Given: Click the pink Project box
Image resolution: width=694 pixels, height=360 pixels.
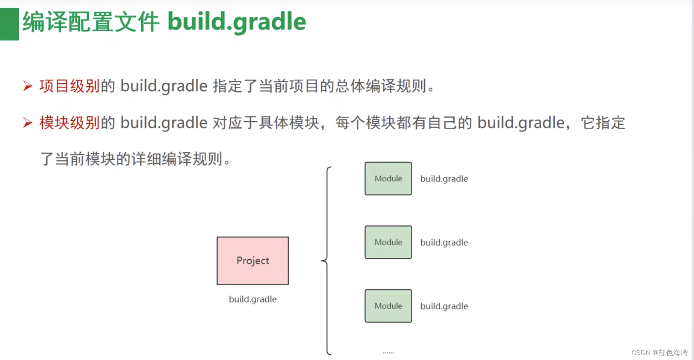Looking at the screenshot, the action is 253,261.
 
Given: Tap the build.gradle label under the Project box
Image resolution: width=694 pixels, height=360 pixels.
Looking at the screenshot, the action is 253,299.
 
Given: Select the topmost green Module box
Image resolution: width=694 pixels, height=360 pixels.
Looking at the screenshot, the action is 388,179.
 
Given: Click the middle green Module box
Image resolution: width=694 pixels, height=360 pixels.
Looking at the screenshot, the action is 388,242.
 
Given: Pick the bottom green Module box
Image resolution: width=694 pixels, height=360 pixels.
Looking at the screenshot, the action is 388,306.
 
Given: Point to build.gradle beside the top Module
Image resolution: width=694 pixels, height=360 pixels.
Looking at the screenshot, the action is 444,179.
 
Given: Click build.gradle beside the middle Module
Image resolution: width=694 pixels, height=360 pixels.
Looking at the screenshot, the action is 444,243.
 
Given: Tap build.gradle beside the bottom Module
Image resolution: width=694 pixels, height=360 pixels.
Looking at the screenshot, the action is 444,306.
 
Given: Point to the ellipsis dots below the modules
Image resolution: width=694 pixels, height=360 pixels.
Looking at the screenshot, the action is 388,353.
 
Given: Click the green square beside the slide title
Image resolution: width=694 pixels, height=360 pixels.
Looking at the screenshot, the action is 9,24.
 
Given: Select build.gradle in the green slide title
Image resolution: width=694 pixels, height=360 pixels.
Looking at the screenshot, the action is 237,22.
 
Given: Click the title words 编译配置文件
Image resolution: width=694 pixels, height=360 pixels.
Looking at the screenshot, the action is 91,22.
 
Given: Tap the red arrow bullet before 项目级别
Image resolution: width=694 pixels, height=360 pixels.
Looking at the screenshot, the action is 28,86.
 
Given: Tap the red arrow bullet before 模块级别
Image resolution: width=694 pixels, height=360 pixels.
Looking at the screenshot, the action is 28,122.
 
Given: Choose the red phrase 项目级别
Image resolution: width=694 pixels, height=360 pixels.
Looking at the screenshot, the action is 69,86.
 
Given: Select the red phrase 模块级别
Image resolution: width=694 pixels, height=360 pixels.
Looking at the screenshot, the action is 69,123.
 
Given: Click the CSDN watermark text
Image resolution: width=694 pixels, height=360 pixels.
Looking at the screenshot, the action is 659,353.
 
